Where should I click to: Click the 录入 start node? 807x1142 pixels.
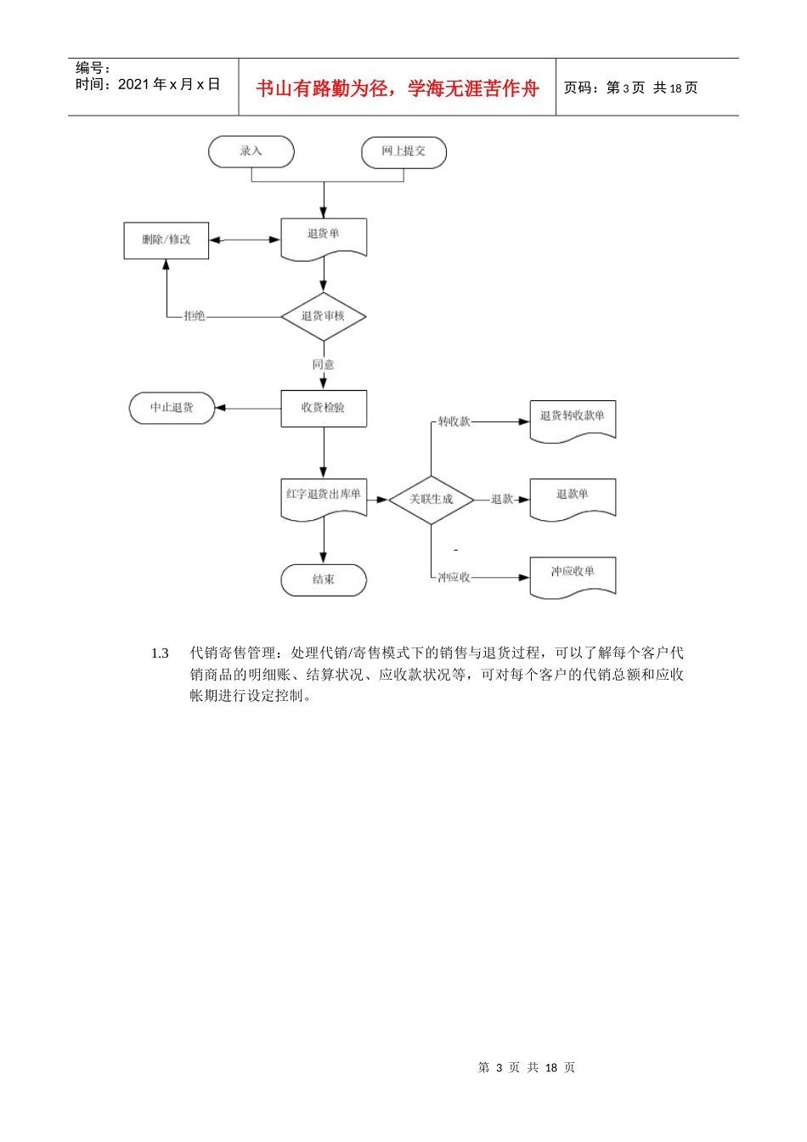(x=251, y=151)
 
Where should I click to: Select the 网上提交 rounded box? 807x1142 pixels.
(x=403, y=151)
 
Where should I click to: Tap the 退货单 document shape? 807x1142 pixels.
(x=324, y=235)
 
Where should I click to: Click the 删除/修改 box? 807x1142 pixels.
(x=166, y=240)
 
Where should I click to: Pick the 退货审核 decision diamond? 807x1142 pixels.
(x=324, y=316)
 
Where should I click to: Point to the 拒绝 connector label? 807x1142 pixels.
(x=195, y=316)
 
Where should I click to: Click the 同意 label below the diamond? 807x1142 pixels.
(x=324, y=365)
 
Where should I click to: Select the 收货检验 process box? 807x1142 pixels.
(x=324, y=408)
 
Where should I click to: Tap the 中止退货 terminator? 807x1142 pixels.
(x=172, y=408)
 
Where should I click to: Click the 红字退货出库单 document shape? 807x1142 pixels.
(x=324, y=495)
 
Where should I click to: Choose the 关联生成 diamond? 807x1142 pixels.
(x=431, y=499)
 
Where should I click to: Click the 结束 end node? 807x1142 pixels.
(x=324, y=579)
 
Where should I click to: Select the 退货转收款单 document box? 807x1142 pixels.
(x=573, y=417)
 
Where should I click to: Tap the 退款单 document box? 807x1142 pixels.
(x=573, y=495)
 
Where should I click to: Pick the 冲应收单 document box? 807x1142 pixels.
(x=573, y=574)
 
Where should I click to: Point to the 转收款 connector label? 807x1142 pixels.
(x=454, y=421)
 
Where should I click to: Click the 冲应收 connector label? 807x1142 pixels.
(x=454, y=578)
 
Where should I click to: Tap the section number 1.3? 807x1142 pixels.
(x=160, y=653)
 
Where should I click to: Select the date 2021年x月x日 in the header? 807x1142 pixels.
(x=169, y=84)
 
